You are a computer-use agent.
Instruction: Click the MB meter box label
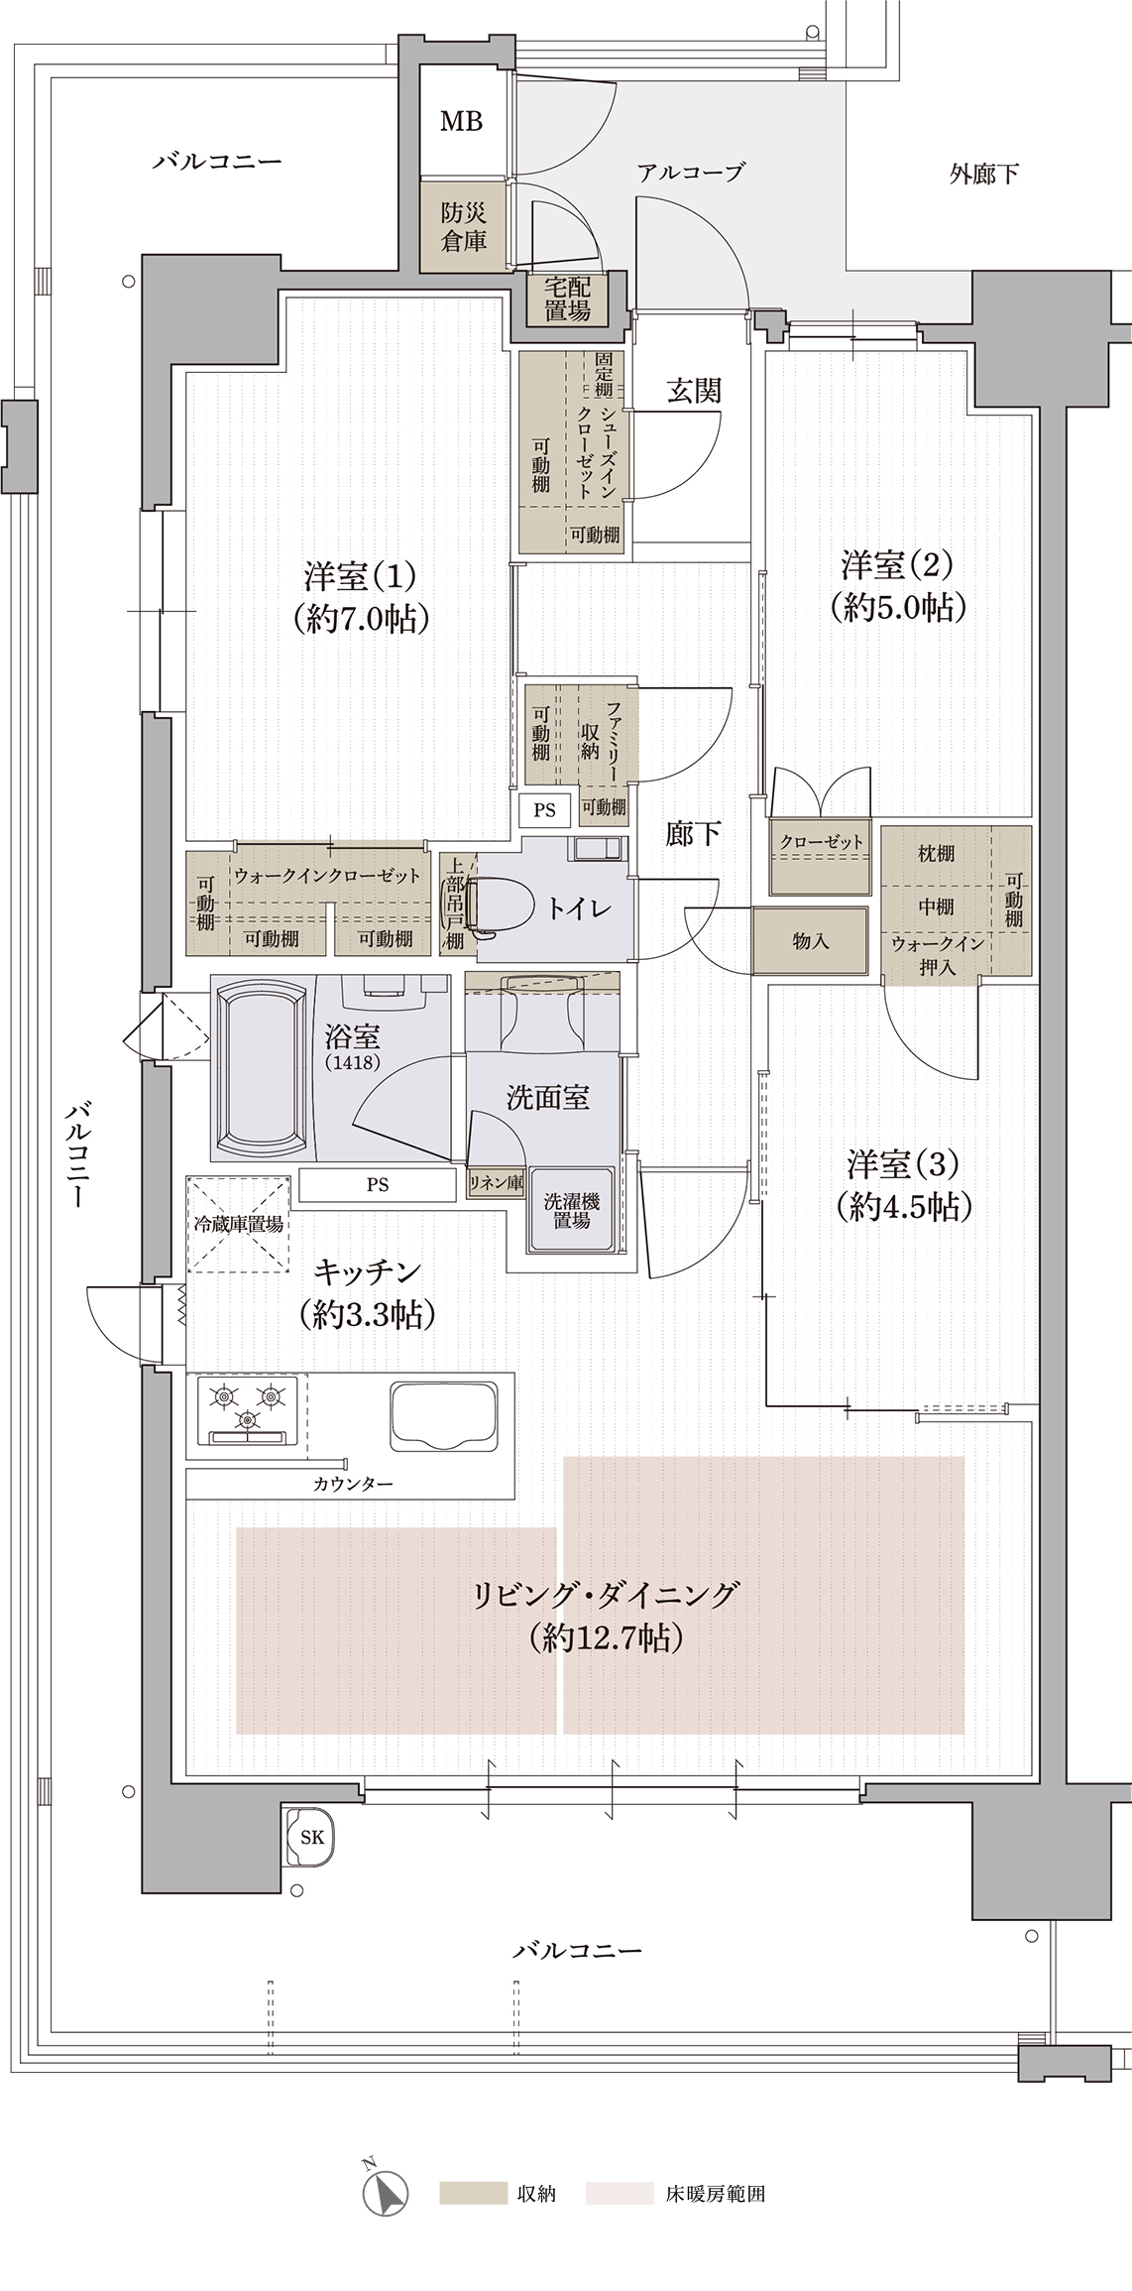(461, 121)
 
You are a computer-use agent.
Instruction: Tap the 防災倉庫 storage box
(463, 226)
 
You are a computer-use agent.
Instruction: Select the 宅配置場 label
(568, 299)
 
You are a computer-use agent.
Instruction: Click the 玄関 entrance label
(693, 391)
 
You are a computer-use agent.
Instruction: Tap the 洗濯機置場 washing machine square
(571, 1210)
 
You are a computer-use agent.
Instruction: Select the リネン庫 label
(496, 1182)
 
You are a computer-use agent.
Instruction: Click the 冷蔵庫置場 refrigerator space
(238, 1224)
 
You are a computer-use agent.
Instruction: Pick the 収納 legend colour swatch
(472, 2193)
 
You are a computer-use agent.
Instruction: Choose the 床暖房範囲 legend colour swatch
(620, 2193)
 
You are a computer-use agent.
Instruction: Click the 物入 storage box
(810, 940)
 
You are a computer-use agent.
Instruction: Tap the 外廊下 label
(983, 175)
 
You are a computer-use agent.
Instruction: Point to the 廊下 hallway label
(693, 834)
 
